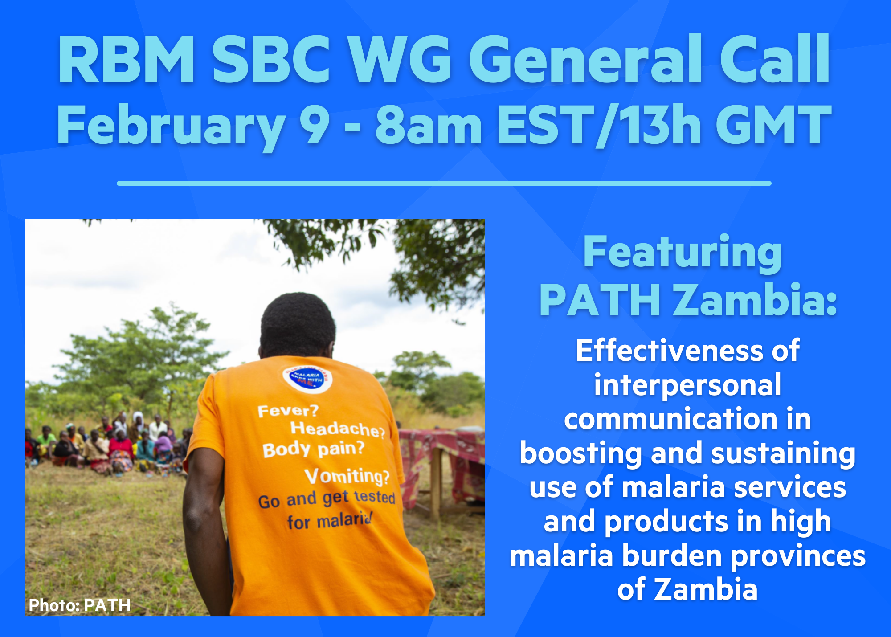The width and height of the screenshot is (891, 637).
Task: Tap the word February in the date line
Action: pos(171,127)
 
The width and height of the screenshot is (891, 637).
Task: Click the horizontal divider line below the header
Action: pos(444,183)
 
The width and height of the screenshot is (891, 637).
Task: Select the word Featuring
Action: pos(683,253)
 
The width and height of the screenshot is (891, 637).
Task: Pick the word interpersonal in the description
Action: pos(687,386)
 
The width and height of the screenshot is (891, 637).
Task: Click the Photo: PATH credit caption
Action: pos(80,605)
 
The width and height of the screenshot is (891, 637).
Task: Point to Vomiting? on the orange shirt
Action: pos(347,476)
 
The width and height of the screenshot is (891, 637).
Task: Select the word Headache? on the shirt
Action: pos(338,429)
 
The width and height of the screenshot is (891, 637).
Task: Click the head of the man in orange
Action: pos(297,326)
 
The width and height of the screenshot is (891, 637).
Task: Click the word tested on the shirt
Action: pos(375,497)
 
